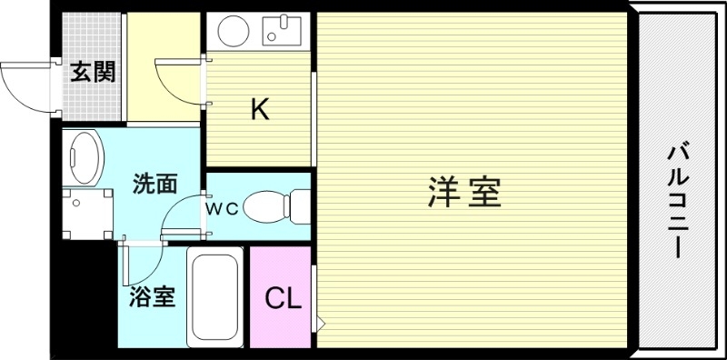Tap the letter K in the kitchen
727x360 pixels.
coord(260,110)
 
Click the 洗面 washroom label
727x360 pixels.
coord(154,184)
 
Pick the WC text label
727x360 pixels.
coord(221,208)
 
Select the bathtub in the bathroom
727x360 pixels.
coord(214,296)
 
